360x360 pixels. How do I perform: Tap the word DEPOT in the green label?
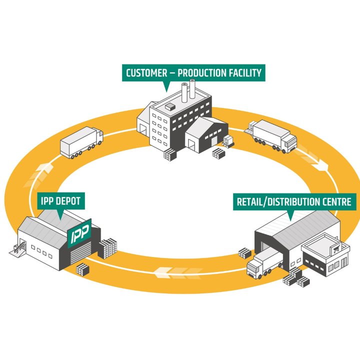click(68, 202)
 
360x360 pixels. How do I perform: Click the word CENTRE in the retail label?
click(337, 202)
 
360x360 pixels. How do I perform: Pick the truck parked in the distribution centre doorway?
click(263, 263)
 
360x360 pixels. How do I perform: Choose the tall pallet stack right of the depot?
click(107, 248)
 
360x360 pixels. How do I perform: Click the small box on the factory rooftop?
click(170, 106)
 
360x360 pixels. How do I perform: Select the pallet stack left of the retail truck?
click(244, 253)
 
